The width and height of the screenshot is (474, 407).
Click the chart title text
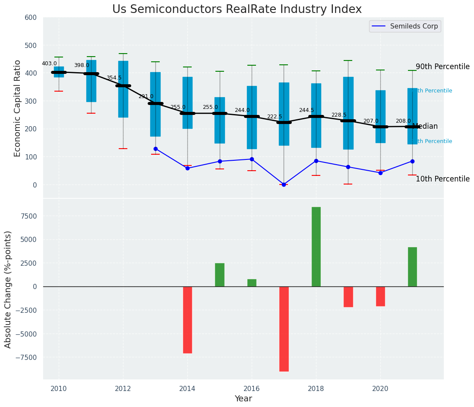pyautogui.click(x=237, y=10)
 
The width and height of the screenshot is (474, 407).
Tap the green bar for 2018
pyautogui.click(x=316, y=247)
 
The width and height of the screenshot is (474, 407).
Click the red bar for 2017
pyautogui.click(x=284, y=329)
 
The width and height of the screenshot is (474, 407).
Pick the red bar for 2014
pyautogui.click(x=187, y=320)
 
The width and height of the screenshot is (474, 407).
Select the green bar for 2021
pyautogui.click(x=412, y=267)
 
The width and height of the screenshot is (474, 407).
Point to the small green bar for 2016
pyautogui.click(x=252, y=283)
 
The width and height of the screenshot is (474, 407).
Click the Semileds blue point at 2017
pyautogui.click(x=284, y=184)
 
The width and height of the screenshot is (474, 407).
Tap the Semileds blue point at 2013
pyautogui.click(x=155, y=149)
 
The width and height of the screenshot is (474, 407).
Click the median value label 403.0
pyautogui.click(x=49, y=64)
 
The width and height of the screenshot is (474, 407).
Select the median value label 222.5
pyautogui.click(x=275, y=117)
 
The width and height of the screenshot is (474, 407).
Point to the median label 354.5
pyautogui.click(x=114, y=78)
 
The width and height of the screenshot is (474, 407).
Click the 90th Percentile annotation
pyautogui.click(x=442, y=67)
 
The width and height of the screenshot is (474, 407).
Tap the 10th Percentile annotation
pyautogui.click(x=442, y=179)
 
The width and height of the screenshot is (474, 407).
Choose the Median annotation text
pyautogui.click(x=425, y=127)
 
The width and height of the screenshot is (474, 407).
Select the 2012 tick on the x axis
pyautogui.click(x=123, y=388)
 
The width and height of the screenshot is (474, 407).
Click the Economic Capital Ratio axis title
pyautogui.click(x=18, y=108)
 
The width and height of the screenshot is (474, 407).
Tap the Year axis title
pyautogui.click(x=243, y=399)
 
